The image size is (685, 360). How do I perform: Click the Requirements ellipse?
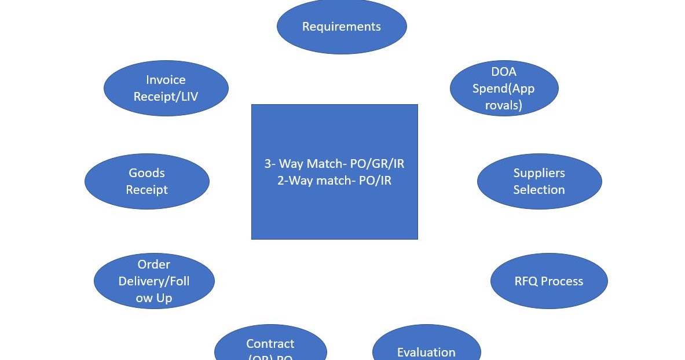tap(342, 26)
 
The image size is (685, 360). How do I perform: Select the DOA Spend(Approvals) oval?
tap(504, 88)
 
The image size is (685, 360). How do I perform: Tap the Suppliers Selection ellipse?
tap(539, 181)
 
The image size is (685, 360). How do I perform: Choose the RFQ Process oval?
tap(548, 281)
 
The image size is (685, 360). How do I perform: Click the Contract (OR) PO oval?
tap(270, 347)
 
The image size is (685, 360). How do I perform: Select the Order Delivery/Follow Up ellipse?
tap(154, 281)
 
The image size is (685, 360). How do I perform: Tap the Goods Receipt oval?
tap(146, 181)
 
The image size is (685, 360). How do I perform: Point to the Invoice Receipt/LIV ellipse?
tap(166, 88)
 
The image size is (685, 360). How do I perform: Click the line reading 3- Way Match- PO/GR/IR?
tap(334, 164)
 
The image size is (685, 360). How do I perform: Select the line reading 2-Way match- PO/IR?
tap(334, 181)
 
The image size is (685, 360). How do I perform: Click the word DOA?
tap(504, 72)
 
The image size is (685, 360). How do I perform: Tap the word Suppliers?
tap(539, 173)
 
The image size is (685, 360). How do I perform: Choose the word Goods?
tap(146, 173)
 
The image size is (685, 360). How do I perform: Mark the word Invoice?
tap(166, 80)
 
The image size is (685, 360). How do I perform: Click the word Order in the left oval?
tap(154, 265)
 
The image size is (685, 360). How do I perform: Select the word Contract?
tap(270, 344)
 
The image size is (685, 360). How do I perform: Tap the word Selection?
tap(539, 190)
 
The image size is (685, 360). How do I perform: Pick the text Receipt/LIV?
tap(166, 97)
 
